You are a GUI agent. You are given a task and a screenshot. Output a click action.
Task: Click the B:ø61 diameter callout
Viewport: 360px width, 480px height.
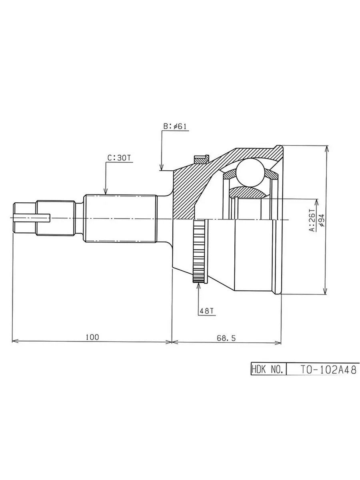(x=175, y=126)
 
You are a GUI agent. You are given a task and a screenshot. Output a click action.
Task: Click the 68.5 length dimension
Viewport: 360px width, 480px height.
(x=226, y=338)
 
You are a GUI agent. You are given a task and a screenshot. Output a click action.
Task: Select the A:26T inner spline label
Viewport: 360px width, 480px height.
(x=312, y=220)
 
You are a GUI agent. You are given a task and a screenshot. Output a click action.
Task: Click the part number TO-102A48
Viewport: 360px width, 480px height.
(x=328, y=370)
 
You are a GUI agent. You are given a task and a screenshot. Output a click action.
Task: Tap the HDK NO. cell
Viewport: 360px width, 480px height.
(x=268, y=370)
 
